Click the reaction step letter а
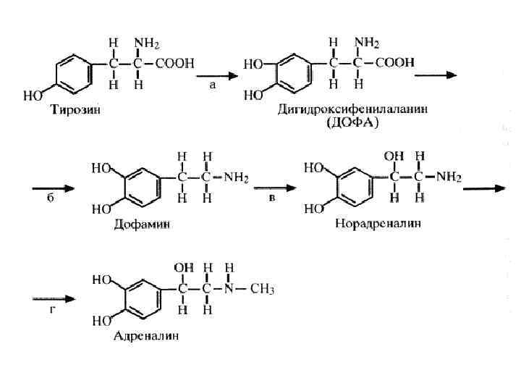coord(212,85)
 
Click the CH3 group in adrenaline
coord(263,289)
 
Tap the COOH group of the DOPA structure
coord(394,63)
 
